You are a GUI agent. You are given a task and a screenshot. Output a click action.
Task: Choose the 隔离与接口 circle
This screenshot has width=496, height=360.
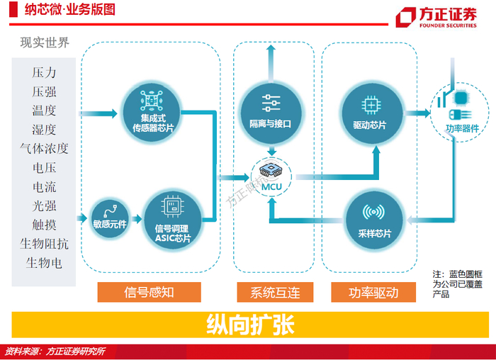pos(270,108)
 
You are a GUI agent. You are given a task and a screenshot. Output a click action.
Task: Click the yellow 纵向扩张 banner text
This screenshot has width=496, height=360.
pos(249,324)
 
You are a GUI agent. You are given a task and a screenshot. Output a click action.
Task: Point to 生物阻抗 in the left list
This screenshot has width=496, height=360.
pos(44,244)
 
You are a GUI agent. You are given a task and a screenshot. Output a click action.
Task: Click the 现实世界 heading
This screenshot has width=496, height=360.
pos(45,43)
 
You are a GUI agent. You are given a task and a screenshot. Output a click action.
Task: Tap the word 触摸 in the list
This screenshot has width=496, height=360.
pos(44,225)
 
